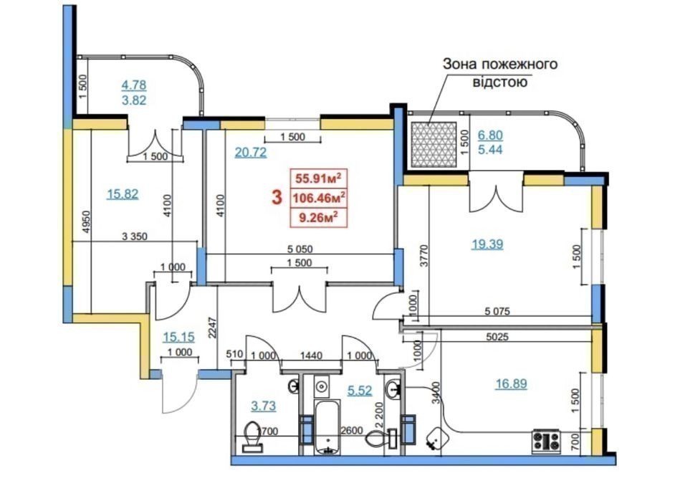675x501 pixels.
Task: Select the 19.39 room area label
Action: click(487, 244)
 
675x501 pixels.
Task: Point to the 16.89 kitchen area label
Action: click(511, 383)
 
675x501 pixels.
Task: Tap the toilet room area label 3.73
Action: click(262, 406)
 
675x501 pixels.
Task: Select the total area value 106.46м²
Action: click(320, 196)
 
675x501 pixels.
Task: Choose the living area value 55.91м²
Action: click(320, 178)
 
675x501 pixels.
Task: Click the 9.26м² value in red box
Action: click(320, 216)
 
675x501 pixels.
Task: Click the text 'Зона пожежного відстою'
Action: click(499, 73)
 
